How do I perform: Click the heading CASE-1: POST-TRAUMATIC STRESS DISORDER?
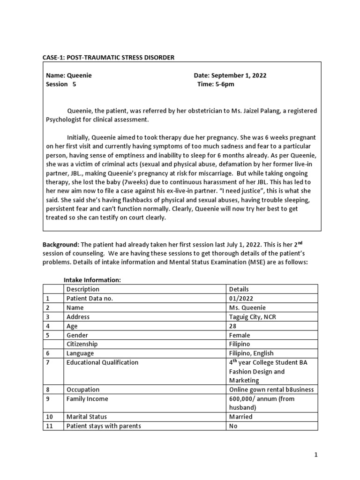point(108,58)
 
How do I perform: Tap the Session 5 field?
point(60,84)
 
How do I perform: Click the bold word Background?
point(61,245)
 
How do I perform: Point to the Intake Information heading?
point(92,280)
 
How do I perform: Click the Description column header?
point(83,289)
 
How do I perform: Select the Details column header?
point(239,289)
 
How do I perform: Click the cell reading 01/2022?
point(241,298)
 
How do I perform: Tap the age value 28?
point(233,326)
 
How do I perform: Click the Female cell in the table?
point(240,335)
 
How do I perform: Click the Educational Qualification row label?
point(103,362)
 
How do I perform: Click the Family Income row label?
point(87,399)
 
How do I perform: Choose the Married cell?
point(241,417)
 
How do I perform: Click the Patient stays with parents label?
point(104,426)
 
